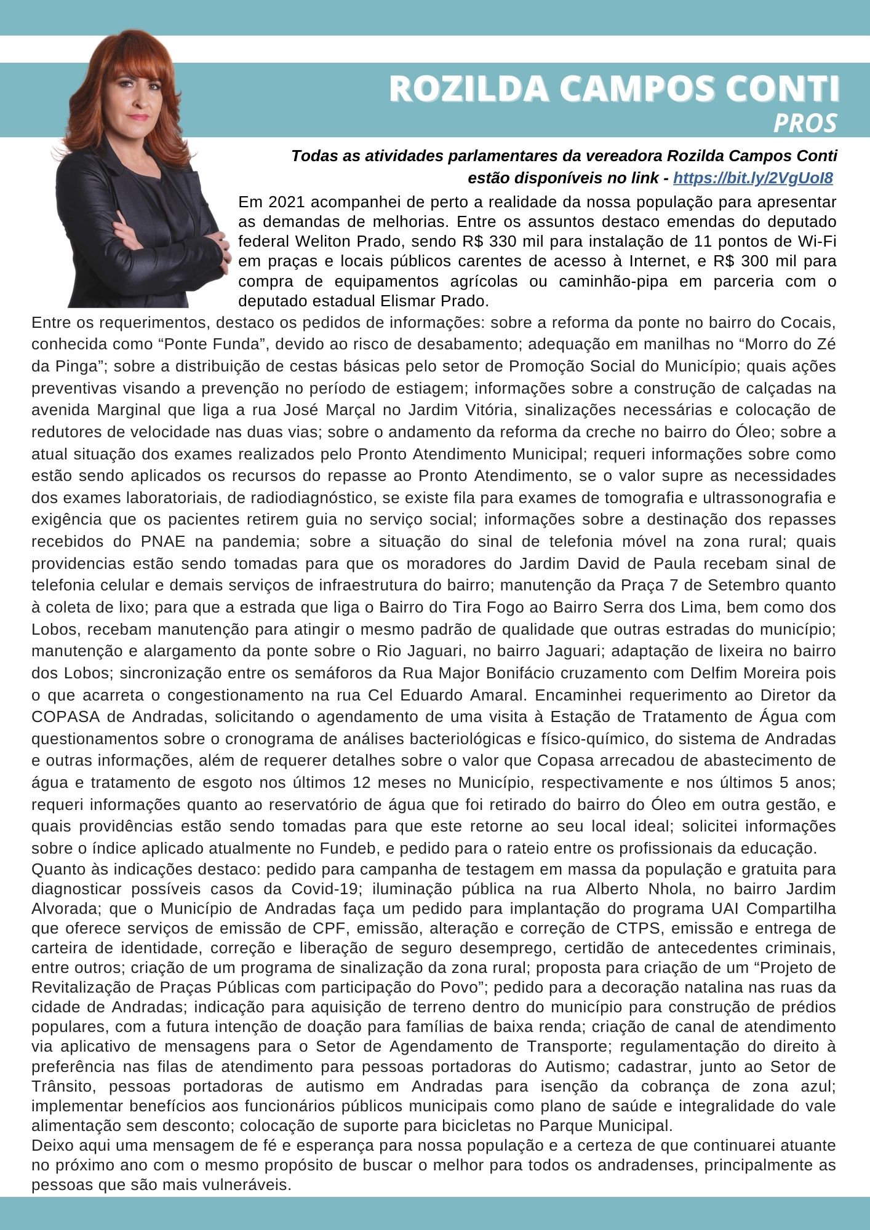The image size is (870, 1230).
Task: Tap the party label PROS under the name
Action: [805, 124]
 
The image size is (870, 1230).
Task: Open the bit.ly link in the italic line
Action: [753, 178]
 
